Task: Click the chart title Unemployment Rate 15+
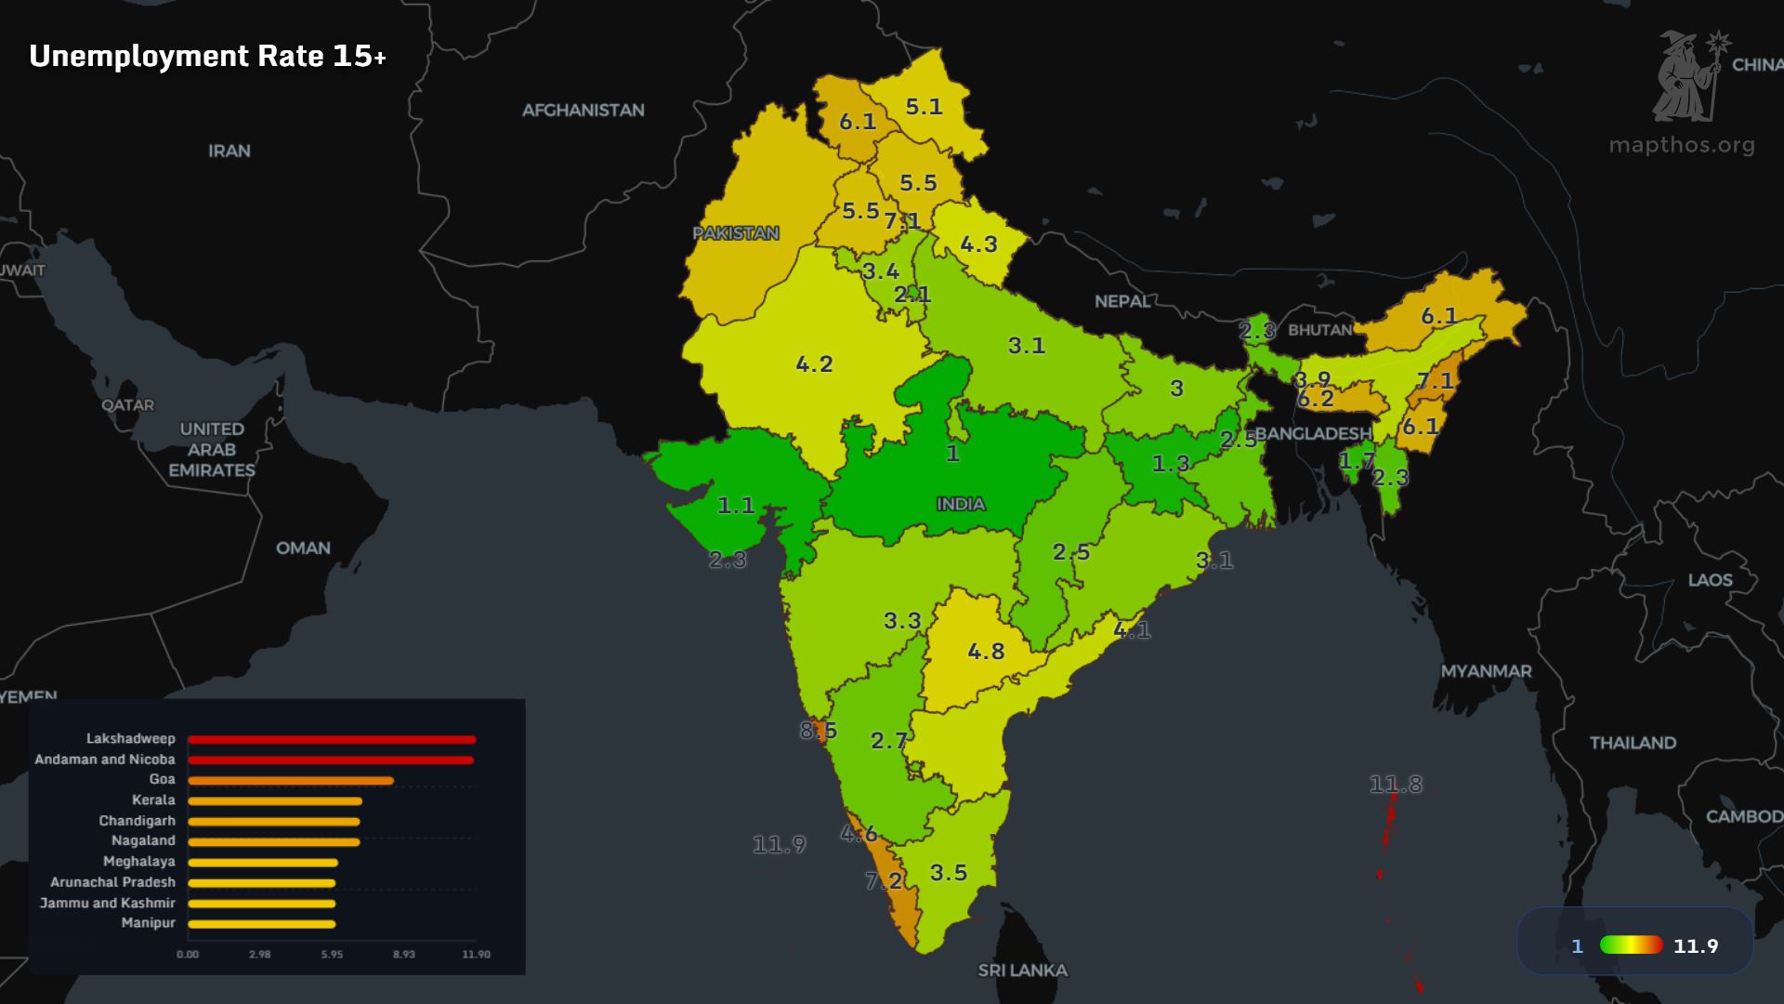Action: coord(207,57)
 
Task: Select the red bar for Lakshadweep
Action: coord(332,740)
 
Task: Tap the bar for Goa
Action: coord(291,781)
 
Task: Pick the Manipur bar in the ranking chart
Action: coord(261,924)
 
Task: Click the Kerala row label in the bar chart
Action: coord(153,800)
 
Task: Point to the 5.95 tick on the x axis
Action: coord(332,955)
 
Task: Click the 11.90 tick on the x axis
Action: coord(476,955)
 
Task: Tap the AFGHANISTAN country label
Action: coord(583,111)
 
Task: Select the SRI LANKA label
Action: coord(1022,971)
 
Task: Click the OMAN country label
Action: coord(303,548)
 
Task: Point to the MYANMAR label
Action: coord(1486,671)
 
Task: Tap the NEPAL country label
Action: coord(1122,302)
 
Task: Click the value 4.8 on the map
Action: coord(986,652)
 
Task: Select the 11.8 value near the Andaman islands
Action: coord(1396,785)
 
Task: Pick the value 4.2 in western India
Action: coord(814,364)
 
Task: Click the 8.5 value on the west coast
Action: coord(819,731)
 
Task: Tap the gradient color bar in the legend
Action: coord(1631,945)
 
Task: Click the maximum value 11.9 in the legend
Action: coord(1696,946)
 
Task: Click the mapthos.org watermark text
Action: coord(1682,145)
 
